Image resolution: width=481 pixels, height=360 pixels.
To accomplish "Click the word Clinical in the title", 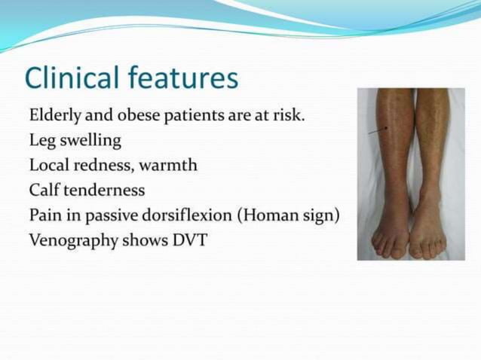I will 72,78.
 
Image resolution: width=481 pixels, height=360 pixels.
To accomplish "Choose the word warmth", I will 168,165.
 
